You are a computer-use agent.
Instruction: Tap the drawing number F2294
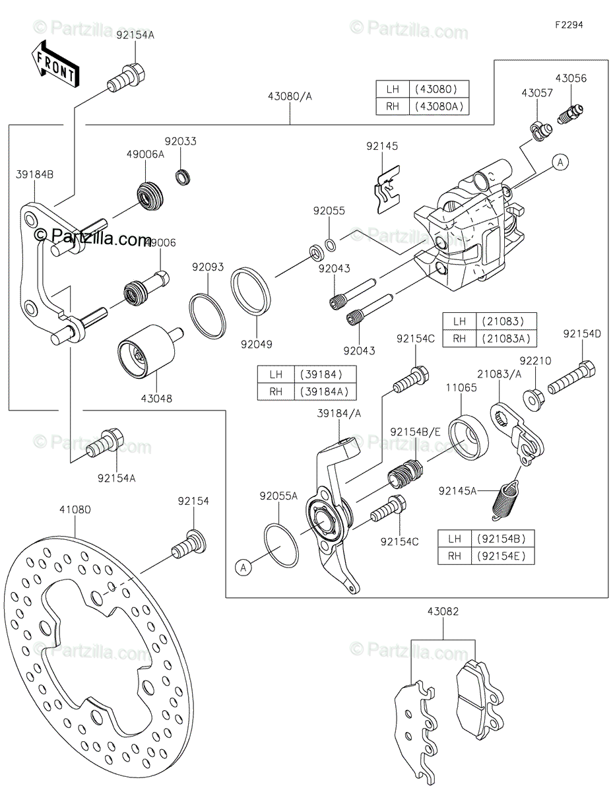click(x=569, y=25)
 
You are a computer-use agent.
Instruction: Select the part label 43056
click(x=571, y=78)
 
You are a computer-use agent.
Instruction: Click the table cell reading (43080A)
click(x=439, y=106)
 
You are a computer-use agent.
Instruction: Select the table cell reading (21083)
click(x=506, y=321)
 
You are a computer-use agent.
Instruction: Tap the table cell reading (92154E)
click(x=503, y=556)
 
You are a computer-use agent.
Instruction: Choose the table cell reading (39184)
click(x=325, y=374)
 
